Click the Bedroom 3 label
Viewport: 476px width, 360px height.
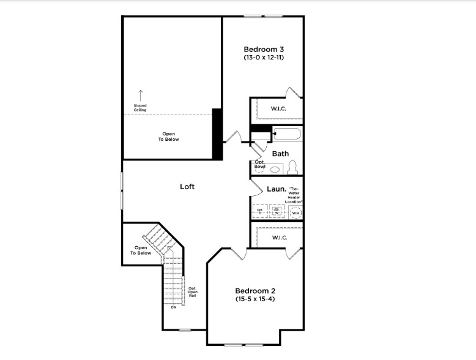[264, 49]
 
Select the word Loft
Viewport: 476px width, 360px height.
[187, 186]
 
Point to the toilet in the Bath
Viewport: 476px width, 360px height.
[293, 168]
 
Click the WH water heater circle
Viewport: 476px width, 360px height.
[296, 212]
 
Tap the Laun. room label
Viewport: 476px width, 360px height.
[277, 189]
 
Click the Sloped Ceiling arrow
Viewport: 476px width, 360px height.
[140, 95]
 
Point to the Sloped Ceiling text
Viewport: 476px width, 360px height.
[140, 107]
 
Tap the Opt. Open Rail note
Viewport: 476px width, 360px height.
[192, 291]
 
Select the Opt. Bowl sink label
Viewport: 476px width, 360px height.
[260, 164]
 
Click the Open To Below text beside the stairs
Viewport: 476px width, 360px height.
[140, 250]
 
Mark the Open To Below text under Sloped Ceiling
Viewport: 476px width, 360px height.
[168, 136]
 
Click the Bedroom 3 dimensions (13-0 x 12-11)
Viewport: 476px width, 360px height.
[264, 58]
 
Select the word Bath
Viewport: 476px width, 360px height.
[280, 154]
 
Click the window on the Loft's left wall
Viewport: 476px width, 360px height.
[122, 190]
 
